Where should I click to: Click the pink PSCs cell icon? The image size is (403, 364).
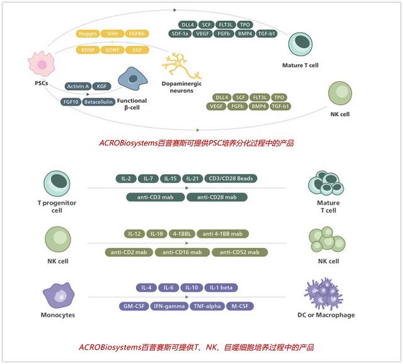click(42, 64)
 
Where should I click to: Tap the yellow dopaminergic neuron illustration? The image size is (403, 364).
click(181, 66)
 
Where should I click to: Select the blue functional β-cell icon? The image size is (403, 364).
click(133, 79)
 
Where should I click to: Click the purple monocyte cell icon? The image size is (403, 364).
click(59, 295)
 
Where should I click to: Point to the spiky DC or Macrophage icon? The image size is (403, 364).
click(324, 293)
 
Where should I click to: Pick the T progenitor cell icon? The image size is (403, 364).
click(57, 184)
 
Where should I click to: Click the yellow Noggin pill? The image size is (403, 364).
click(88, 33)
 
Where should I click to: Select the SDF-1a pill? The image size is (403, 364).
click(180, 33)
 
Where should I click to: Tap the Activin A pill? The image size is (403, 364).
click(78, 86)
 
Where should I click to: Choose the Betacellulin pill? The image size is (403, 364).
click(98, 102)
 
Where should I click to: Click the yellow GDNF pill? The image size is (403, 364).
click(112, 50)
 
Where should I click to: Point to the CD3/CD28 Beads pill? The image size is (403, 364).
click(231, 179)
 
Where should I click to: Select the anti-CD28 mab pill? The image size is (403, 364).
click(217, 197)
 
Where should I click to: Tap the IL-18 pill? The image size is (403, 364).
click(157, 234)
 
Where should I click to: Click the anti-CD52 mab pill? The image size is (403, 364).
click(239, 252)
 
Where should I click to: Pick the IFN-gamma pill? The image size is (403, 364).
click(169, 306)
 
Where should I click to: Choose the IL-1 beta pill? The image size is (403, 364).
click(221, 288)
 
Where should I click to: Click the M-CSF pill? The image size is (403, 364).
click(240, 306)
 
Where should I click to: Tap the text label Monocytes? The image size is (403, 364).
click(58, 315)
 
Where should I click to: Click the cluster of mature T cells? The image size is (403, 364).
click(326, 183)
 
